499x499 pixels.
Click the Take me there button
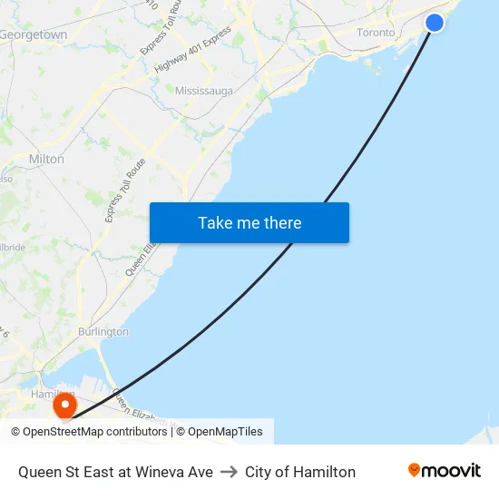coord(249,223)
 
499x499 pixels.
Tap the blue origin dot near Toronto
coord(435,23)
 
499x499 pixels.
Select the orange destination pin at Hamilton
coord(65,405)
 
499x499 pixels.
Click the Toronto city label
coord(376,33)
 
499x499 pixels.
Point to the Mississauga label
coord(204,91)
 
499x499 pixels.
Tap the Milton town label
coord(46,159)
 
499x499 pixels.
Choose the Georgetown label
coord(34,34)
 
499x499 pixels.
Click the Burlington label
coord(103,332)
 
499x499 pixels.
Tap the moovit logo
coord(445,471)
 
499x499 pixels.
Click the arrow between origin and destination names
coord(229,472)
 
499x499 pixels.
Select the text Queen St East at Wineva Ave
coord(115,472)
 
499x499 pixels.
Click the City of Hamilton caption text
coord(300,472)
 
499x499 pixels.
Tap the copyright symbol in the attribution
coord(15,432)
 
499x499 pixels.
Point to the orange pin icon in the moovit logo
coord(415,470)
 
